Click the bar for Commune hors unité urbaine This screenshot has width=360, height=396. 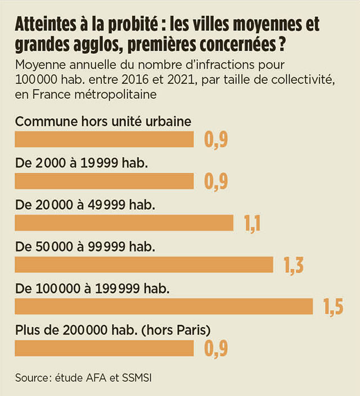tap(104, 139)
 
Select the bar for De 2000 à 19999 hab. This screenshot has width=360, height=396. tap(104, 181)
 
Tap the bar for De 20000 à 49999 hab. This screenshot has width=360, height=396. tap(124, 222)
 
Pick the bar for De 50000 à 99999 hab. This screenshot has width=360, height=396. tap(143, 264)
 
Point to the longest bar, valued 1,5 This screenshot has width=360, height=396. tap(163, 306)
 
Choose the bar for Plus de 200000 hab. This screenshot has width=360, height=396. tap(104, 348)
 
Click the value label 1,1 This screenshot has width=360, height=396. tap(251, 223)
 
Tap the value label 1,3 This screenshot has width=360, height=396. tap(291, 265)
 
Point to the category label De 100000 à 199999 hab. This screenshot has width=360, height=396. tap(92, 288)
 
